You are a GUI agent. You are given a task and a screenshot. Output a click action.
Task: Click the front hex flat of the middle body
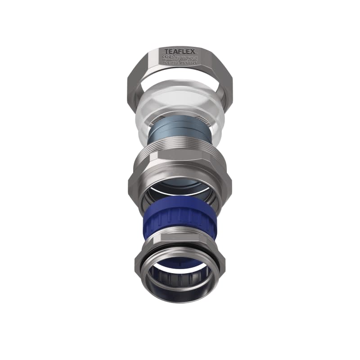[180, 173]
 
